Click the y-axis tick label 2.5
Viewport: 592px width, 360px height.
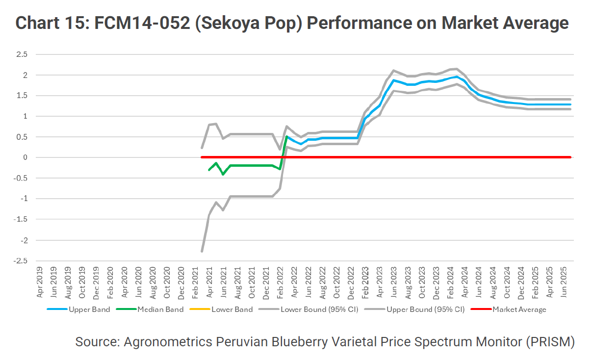pyautogui.click(x=21, y=54)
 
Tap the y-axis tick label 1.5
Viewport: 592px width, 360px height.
pyautogui.click(x=21, y=96)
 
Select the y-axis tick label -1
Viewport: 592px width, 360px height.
pyautogui.click(x=23, y=199)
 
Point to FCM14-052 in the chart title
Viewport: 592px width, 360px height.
pyautogui.click(x=137, y=23)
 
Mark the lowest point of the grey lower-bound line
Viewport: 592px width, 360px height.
pyautogui.click(x=202, y=251)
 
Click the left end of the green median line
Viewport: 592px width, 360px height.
pyautogui.click(x=209, y=170)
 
